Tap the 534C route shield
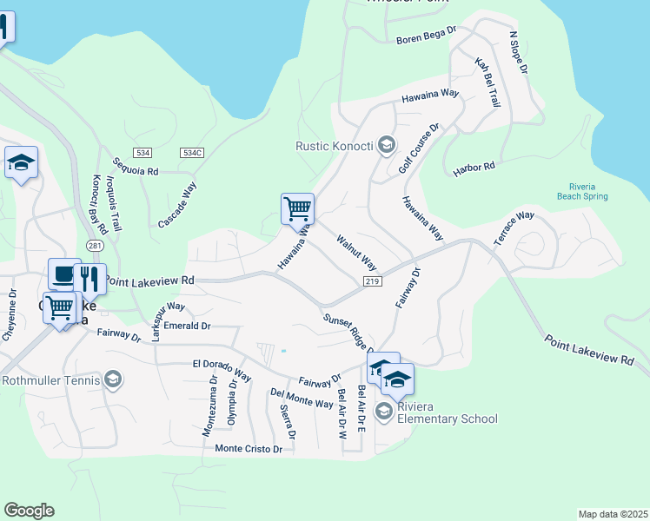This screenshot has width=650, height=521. [192, 153]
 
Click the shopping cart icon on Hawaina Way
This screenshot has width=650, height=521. [297, 208]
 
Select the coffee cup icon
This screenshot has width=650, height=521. [63, 274]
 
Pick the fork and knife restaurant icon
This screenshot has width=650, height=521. [90, 279]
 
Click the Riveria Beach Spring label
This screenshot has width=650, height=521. [582, 191]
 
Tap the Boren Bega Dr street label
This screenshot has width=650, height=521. [426, 36]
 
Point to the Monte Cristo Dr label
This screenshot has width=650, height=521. [249, 449]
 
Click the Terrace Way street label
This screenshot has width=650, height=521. [514, 228]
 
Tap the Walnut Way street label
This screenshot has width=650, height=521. [356, 251]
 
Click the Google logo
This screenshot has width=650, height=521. [29, 511]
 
